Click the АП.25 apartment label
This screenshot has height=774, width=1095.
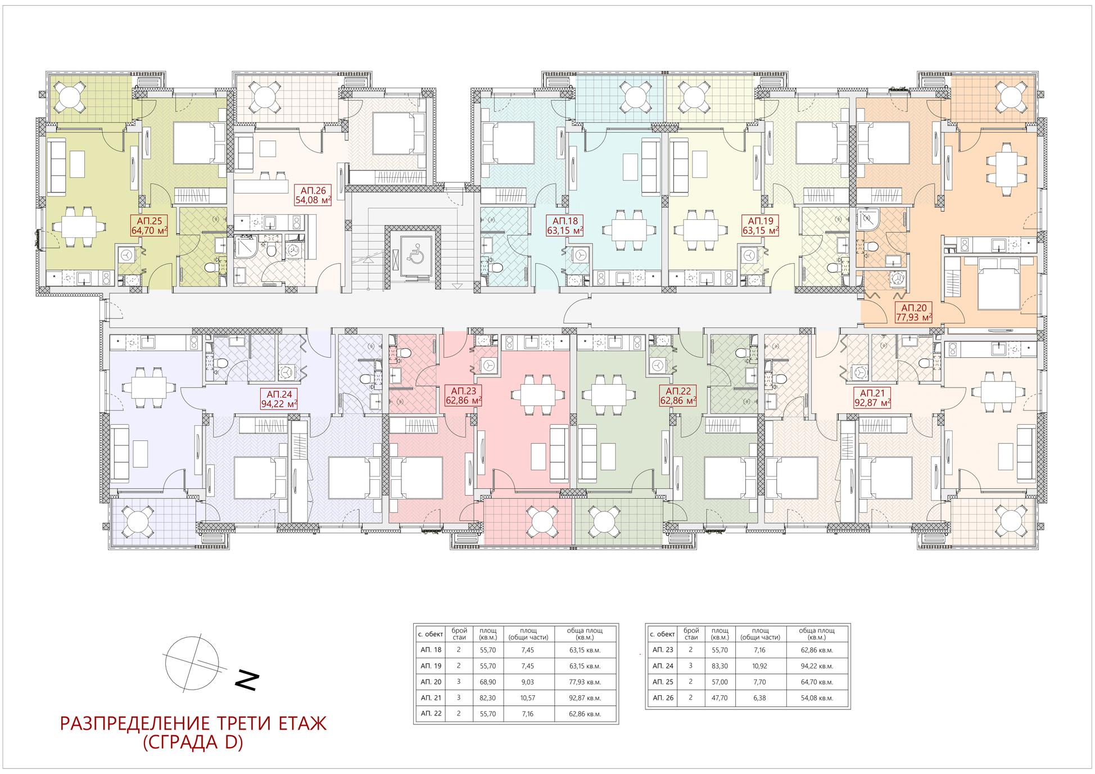(x=149, y=226)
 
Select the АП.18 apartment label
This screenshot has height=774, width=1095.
(x=565, y=226)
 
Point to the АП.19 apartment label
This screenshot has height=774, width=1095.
(x=760, y=226)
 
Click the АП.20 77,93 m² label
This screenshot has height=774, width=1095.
(x=913, y=313)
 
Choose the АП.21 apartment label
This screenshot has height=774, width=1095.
(x=872, y=398)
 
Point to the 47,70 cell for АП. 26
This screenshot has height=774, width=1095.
(x=719, y=698)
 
